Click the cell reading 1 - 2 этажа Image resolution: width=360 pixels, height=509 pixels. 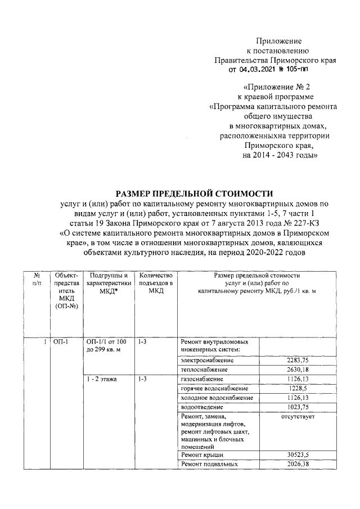pyautogui.click(x=102, y=380)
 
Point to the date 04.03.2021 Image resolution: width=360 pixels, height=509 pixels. pyautogui.click(x=258, y=70)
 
